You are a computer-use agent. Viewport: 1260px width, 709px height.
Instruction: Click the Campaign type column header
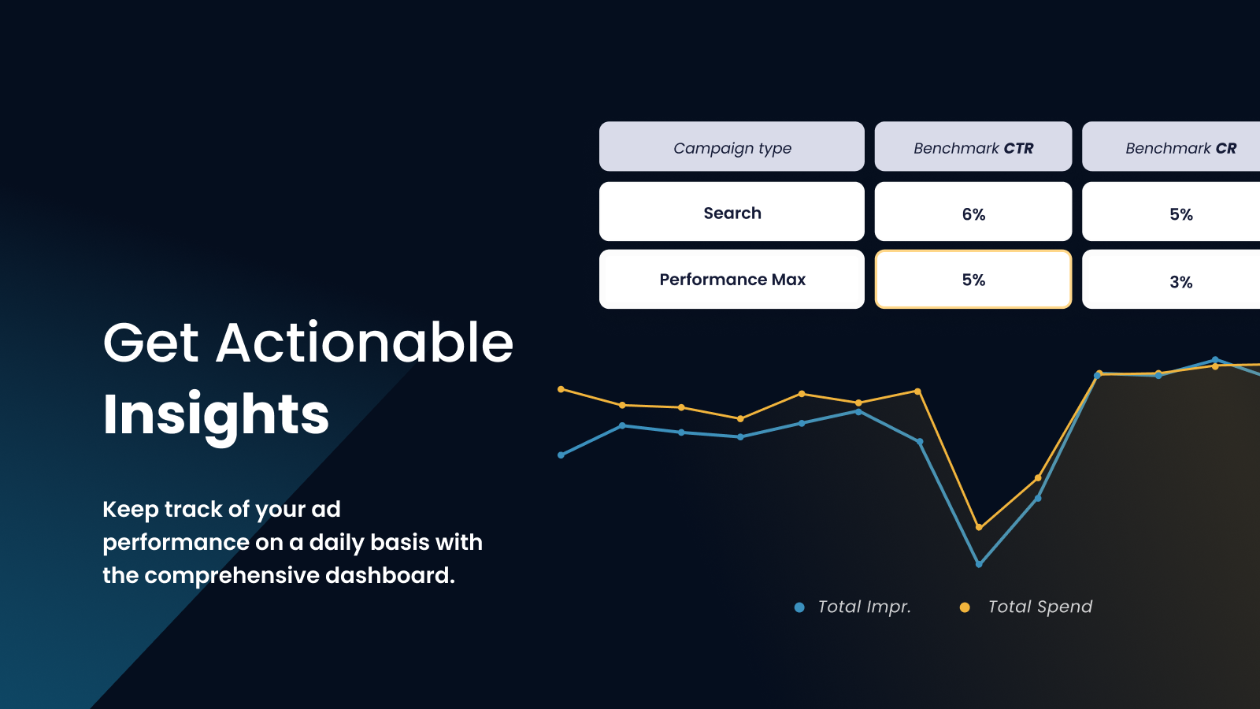click(732, 147)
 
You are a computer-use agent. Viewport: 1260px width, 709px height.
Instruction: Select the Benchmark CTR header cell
click(973, 147)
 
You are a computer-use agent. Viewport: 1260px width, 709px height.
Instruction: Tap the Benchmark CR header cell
click(1171, 147)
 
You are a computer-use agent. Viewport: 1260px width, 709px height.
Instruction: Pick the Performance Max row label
click(732, 279)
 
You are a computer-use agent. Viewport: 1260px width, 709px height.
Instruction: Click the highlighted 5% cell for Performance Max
click(973, 279)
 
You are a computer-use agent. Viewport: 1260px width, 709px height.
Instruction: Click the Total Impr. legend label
click(864, 607)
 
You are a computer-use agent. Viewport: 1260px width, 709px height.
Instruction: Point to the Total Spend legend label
click(1040, 607)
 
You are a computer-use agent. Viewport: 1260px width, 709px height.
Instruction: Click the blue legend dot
click(799, 607)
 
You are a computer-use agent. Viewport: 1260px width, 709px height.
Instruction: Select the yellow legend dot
click(965, 607)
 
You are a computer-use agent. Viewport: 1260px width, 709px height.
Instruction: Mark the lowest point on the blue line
click(979, 564)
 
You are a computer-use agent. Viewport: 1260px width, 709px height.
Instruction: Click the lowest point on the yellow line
click(979, 527)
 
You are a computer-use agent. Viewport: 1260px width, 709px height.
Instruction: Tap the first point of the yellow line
click(561, 389)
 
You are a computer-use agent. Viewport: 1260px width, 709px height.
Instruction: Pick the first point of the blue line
click(561, 455)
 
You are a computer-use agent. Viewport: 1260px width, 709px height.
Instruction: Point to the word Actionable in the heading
click(365, 343)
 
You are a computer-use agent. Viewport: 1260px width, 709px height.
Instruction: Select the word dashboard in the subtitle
click(390, 575)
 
